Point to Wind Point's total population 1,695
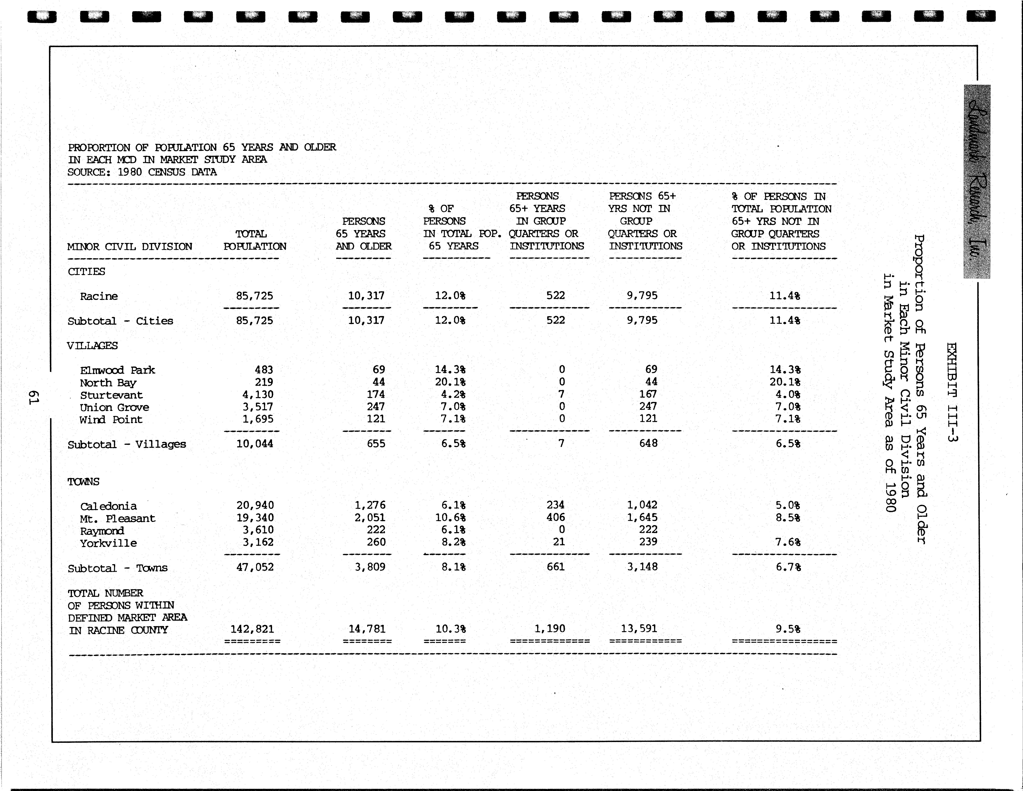[258, 419]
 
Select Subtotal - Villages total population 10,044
[254, 444]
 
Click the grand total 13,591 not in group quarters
[639, 628]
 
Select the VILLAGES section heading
[92, 346]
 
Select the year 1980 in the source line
[129, 172]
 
